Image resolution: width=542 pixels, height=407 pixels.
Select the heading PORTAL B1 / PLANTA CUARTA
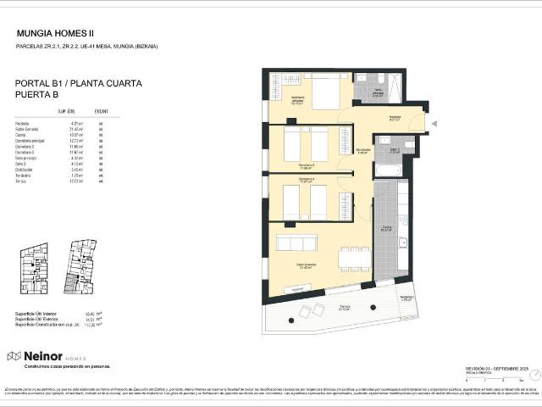click(79, 84)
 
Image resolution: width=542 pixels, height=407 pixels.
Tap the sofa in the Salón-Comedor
click(296, 243)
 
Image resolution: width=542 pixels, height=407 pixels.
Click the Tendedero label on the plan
click(406, 298)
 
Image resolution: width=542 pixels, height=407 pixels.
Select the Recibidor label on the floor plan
click(395, 117)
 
